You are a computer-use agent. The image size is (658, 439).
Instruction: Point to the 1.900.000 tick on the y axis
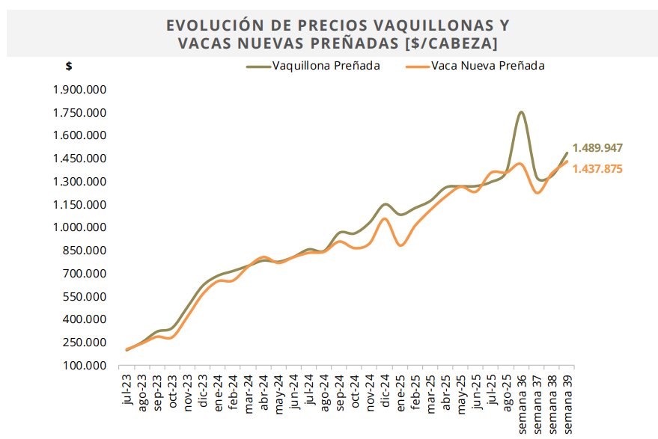pyautogui.click(x=80, y=90)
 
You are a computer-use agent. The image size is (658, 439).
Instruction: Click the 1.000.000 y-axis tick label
pyautogui.click(x=80, y=227)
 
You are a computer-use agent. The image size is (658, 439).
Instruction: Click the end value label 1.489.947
pyautogui.click(x=597, y=148)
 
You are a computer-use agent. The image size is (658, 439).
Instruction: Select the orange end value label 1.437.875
pyautogui.click(x=597, y=169)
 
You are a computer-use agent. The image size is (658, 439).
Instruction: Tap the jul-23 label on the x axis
pyautogui.click(x=127, y=390)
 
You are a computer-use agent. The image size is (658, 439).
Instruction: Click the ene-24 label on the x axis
pyautogui.click(x=219, y=390)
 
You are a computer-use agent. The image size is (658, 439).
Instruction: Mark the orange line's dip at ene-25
pyautogui.click(x=401, y=245)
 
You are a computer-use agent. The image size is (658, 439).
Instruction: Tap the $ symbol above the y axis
pyautogui.click(x=69, y=66)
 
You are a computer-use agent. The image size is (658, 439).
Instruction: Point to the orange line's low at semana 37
pyautogui.click(x=537, y=193)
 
